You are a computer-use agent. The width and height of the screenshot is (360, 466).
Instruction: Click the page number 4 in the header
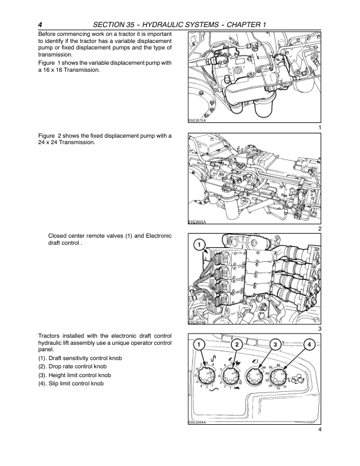click(x=39, y=24)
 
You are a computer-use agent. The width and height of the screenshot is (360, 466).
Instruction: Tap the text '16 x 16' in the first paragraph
click(x=54, y=70)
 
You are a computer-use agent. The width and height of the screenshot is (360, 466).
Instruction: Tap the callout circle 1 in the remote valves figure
click(x=200, y=244)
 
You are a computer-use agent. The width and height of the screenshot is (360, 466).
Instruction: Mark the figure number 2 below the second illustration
click(x=319, y=228)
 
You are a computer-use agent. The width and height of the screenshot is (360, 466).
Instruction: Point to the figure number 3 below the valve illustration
click(x=319, y=328)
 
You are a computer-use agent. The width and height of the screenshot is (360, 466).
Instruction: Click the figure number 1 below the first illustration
click(x=319, y=128)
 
